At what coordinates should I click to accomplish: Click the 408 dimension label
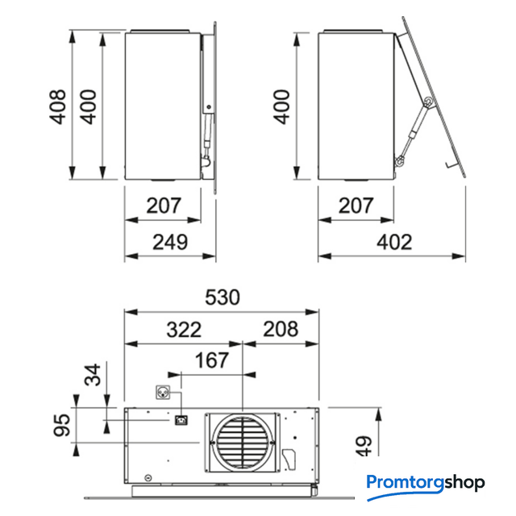click(57, 106)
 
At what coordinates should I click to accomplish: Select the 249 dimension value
click(170, 242)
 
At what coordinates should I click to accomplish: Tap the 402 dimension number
click(394, 242)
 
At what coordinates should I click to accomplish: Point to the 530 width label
click(223, 298)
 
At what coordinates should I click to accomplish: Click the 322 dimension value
click(184, 330)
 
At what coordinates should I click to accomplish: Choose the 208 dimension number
click(281, 329)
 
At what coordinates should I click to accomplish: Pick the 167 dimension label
click(211, 360)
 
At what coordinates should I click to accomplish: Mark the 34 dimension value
click(93, 374)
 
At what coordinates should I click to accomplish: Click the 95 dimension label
click(62, 425)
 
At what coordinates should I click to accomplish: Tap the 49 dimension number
click(364, 446)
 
